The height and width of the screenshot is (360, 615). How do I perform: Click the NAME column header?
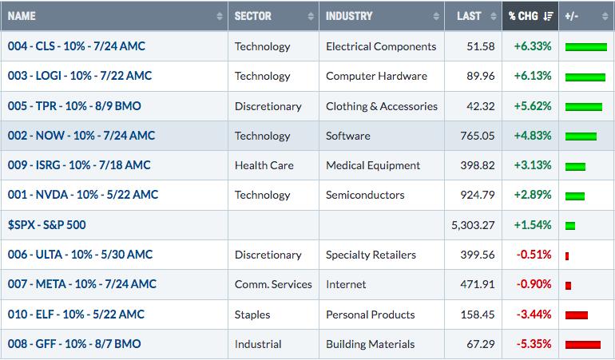click(22, 16)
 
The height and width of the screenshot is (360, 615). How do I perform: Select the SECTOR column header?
click(253, 16)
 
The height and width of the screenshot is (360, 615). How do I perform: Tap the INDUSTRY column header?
click(349, 16)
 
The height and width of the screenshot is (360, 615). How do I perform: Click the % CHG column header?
click(523, 16)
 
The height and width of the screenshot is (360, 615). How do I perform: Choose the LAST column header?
click(469, 16)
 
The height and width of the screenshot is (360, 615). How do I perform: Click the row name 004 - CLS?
click(77, 46)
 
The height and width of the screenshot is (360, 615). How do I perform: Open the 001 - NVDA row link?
click(83, 195)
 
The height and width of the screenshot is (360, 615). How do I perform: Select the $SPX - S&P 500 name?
click(46, 225)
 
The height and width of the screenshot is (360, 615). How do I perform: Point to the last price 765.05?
click(478, 136)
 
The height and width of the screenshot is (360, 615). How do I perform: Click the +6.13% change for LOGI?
click(533, 76)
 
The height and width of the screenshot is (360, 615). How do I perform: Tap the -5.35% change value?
click(534, 344)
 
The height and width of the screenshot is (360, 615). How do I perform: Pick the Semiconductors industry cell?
click(365, 195)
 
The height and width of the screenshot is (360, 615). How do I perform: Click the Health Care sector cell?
click(264, 165)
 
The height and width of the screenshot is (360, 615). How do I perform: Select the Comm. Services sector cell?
click(273, 284)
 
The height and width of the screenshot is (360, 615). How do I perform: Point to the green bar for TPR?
click(584, 107)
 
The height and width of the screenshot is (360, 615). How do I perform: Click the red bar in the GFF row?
click(583, 345)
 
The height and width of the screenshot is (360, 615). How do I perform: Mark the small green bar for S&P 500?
click(570, 226)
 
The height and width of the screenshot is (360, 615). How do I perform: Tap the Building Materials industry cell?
click(370, 344)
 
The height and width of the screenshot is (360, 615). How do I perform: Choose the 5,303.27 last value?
click(473, 225)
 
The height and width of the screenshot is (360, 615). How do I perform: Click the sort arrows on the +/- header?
click(605, 16)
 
